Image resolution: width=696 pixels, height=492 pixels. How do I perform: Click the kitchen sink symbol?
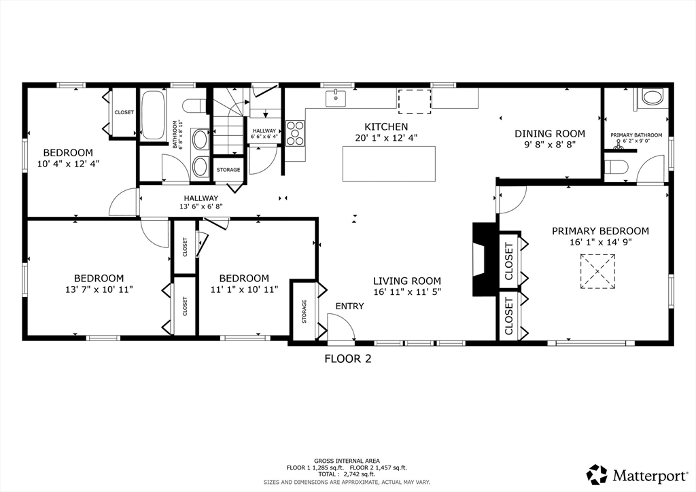[336, 98]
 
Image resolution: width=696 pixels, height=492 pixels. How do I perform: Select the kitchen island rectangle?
[389, 164]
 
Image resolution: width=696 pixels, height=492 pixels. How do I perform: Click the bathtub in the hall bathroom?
[153, 115]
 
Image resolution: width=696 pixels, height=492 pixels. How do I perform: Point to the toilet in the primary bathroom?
[616, 166]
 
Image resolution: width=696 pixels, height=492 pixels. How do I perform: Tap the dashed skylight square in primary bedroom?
[597, 272]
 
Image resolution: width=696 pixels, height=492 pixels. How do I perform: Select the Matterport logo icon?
[597, 475]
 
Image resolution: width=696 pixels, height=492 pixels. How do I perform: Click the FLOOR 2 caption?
[347, 358]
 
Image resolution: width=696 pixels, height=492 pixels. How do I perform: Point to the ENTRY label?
[349, 306]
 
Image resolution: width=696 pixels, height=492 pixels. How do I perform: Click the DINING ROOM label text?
[549, 134]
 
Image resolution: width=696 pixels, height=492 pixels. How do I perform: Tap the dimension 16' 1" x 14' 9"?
[601, 242]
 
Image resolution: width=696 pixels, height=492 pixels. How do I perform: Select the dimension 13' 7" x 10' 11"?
[99, 289]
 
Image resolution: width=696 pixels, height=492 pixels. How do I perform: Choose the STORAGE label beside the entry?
[304, 311]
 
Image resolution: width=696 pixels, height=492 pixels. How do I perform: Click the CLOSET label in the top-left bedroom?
[124, 112]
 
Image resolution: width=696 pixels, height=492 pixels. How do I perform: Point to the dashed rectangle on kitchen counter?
[415, 102]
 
